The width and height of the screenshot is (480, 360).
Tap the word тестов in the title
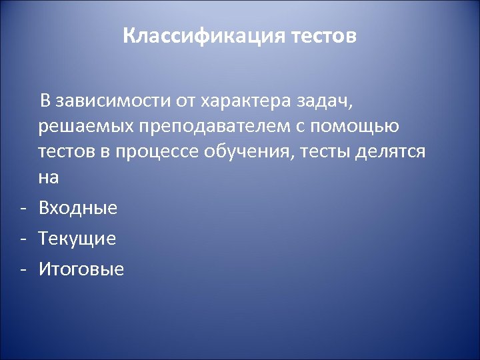pos(324,35)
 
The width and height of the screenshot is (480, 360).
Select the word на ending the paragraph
pos(49,177)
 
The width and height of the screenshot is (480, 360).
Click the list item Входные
pos(78,208)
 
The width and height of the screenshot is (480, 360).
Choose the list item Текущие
pos(77,239)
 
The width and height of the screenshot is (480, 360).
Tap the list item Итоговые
pos(81,269)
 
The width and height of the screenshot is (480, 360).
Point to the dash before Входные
pos(23,209)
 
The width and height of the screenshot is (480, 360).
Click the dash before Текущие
pos(23,239)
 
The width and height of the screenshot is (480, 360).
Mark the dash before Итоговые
pos(23,270)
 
